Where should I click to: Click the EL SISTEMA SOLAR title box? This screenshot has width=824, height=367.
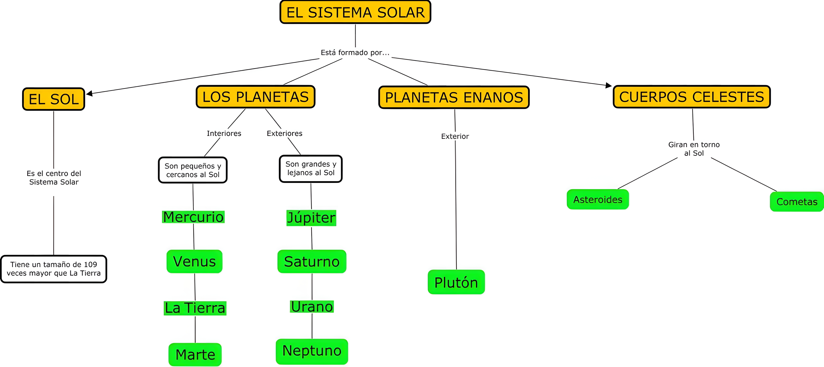pyautogui.click(x=355, y=12)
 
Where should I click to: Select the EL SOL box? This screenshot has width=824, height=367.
pyautogui.click(x=53, y=99)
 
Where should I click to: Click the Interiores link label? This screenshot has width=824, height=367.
pyautogui.click(x=224, y=133)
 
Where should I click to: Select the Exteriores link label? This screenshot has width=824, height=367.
pyautogui.click(x=284, y=133)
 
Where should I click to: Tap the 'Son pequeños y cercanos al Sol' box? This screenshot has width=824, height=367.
pyautogui.click(x=193, y=170)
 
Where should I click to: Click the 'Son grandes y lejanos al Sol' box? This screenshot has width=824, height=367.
pyautogui.click(x=311, y=168)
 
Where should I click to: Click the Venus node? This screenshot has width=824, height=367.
pyautogui.click(x=194, y=261)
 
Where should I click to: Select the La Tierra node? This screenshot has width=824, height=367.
pyautogui.click(x=195, y=308)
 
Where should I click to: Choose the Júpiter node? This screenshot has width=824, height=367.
pyautogui.click(x=311, y=218)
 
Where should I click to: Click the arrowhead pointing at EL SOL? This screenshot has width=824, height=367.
pyautogui.click(x=90, y=93)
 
